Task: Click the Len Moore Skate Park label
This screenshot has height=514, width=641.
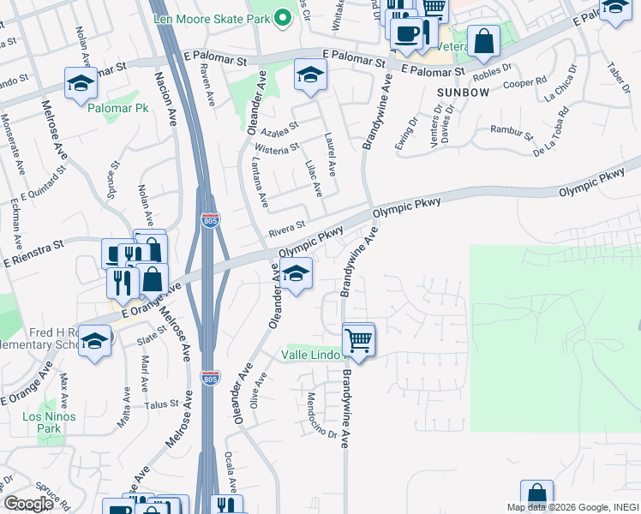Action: pyautogui.click(x=211, y=19)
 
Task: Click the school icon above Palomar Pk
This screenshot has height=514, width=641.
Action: pyautogui.click(x=80, y=84)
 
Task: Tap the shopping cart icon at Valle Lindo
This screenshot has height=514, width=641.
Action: pyautogui.click(x=359, y=341)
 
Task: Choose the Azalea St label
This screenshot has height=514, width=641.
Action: pyautogui.click(x=279, y=126)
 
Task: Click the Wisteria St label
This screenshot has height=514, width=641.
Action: pyautogui.click(x=276, y=149)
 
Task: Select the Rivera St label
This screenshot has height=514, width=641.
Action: pyautogui.click(x=286, y=226)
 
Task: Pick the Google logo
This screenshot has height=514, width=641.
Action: pyautogui.click(x=29, y=504)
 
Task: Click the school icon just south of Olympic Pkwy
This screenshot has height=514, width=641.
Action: pyautogui.click(x=296, y=274)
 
